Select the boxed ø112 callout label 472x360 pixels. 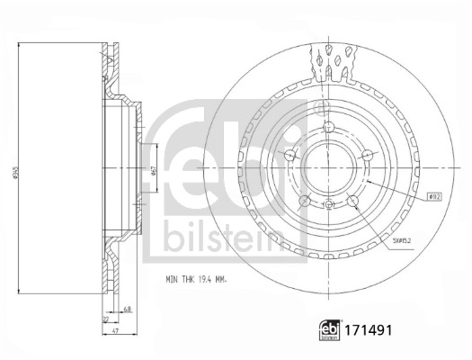434,194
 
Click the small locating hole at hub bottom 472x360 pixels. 330,205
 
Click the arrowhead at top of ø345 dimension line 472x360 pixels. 20,41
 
